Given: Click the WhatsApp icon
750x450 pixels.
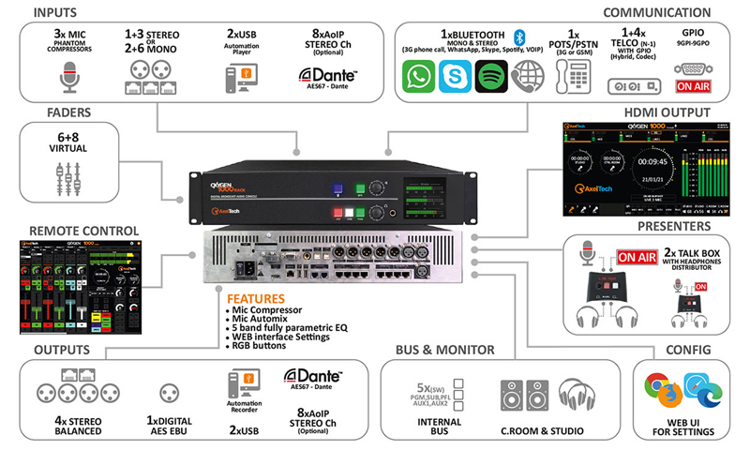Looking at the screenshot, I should [x=419, y=78].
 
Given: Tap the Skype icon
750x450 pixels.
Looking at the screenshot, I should [x=456, y=78].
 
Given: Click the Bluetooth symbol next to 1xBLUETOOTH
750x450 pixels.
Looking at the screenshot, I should [x=516, y=35].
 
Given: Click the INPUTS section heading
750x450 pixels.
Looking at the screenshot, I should [x=67, y=12].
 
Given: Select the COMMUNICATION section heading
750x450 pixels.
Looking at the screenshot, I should [x=656, y=12].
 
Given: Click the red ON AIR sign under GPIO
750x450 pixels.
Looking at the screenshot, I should [x=695, y=86].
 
